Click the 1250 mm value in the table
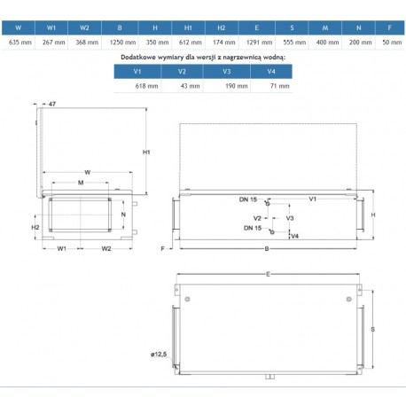[x=122, y=43]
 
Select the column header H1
[x=188, y=27]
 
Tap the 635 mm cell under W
[x=20, y=43]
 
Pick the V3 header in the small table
[x=227, y=72]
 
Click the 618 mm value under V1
[x=146, y=86]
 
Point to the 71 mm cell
[x=280, y=86]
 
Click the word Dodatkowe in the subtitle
[x=138, y=58]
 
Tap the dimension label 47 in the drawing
[x=52, y=104]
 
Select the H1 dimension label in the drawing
[x=146, y=152]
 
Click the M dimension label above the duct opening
[x=81, y=183]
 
